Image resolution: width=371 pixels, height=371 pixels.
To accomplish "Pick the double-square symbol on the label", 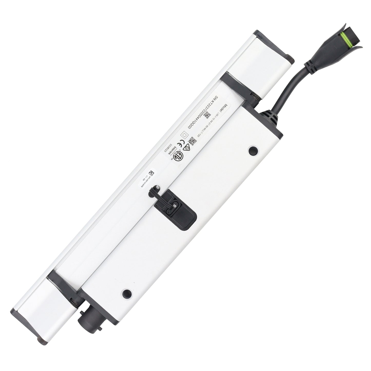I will tap(183, 134).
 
